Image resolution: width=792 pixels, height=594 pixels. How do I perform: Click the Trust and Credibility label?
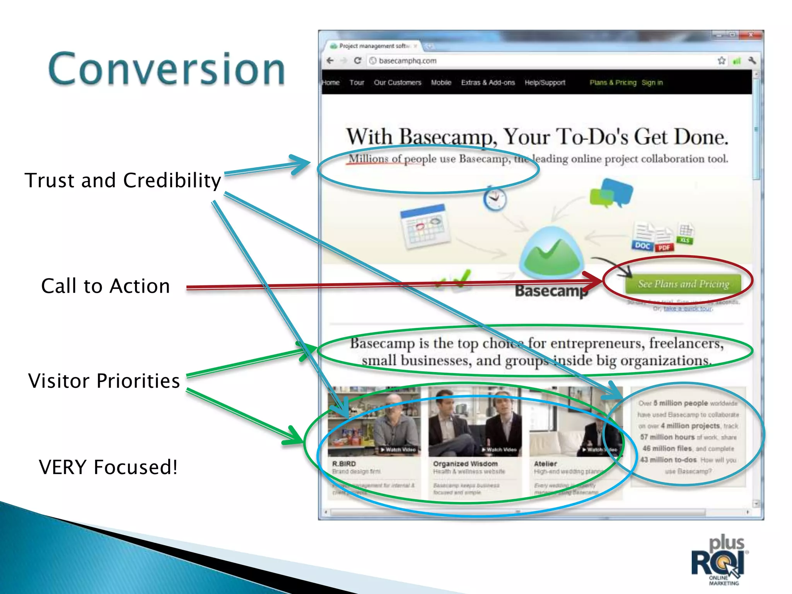123,181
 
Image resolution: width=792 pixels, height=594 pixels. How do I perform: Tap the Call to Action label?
106,286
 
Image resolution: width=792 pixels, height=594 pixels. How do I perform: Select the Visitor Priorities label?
104,381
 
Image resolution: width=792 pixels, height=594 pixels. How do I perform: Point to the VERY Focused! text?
108,467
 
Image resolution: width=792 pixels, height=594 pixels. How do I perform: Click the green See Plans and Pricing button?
683,284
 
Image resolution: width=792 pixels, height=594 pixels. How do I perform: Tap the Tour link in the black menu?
357,83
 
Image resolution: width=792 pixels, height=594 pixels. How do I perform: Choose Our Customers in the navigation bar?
397,83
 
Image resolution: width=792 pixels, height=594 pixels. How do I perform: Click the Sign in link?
652,83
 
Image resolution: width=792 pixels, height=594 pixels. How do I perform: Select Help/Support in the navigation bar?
544,83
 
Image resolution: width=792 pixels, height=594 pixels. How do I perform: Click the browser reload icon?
358,61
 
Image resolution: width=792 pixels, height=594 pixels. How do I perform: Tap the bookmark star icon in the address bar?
721,61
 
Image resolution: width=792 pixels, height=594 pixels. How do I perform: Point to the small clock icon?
495,200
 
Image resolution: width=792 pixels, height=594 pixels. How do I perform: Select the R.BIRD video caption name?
344,463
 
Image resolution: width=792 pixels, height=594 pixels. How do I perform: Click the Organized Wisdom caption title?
465,463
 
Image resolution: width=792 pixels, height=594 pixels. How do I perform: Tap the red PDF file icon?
664,242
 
